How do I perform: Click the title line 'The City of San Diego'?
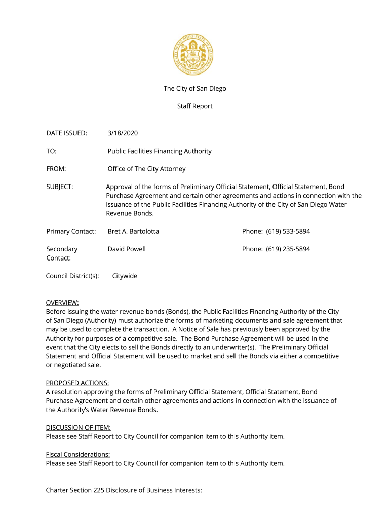(194, 89)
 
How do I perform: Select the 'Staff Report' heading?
(194, 106)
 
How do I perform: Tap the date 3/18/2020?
(123, 133)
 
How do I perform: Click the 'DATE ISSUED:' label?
(66, 133)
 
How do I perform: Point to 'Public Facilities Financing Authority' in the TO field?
(160, 151)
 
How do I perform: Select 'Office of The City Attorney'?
(146, 169)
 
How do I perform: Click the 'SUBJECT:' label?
(60, 187)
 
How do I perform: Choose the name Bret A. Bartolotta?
(133, 231)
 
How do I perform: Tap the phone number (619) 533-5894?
(288, 231)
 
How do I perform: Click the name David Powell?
(127, 249)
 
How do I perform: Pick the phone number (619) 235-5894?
(288, 249)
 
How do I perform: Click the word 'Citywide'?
(125, 276)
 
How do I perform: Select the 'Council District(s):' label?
(72, 276)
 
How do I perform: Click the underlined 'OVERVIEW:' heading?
(62, 303)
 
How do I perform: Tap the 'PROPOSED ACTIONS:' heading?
(77, 383)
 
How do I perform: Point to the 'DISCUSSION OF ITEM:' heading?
(78, 427)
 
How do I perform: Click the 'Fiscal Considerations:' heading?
(78, 454)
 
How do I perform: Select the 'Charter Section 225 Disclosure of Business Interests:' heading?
(124, 490)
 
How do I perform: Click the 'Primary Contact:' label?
(71, 231)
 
